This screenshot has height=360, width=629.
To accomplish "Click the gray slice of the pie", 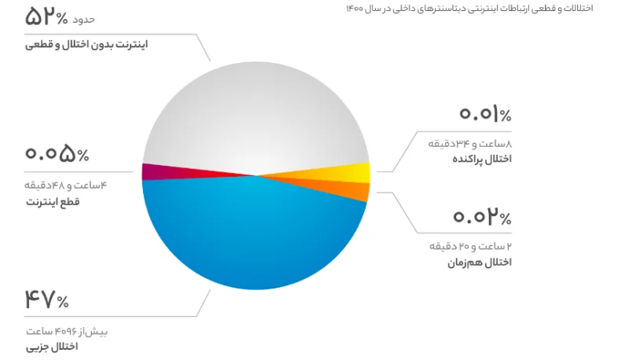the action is point(256,116).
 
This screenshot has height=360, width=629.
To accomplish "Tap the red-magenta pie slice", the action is point(181,171).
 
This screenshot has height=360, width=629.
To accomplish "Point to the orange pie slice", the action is point(345,189).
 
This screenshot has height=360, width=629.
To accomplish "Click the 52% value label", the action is point(46,17).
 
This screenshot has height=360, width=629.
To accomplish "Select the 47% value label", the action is point(46,299).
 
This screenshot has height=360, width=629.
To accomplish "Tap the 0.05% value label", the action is point(57,154).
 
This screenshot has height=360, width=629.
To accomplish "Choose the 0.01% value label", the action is point(485,113).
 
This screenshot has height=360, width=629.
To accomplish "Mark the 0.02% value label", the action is point(482,216).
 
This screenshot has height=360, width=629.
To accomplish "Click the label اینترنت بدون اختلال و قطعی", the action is point(86,44).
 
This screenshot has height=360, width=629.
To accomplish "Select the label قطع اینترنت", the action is point(53,202).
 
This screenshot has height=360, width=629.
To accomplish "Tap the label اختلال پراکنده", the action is point(482,159).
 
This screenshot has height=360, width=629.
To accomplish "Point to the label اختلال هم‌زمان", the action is point(480,263).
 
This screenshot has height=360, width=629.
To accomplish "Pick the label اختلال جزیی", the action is point(52,347).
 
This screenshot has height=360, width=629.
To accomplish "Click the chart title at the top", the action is point(469,9).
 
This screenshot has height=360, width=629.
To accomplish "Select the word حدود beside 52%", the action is point(83,19).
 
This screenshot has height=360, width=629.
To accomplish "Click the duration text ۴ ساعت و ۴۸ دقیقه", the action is point(66,186).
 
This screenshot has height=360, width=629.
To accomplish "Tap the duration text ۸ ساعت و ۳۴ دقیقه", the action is point(469,143).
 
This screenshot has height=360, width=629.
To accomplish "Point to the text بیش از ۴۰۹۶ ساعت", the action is point(67,331).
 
